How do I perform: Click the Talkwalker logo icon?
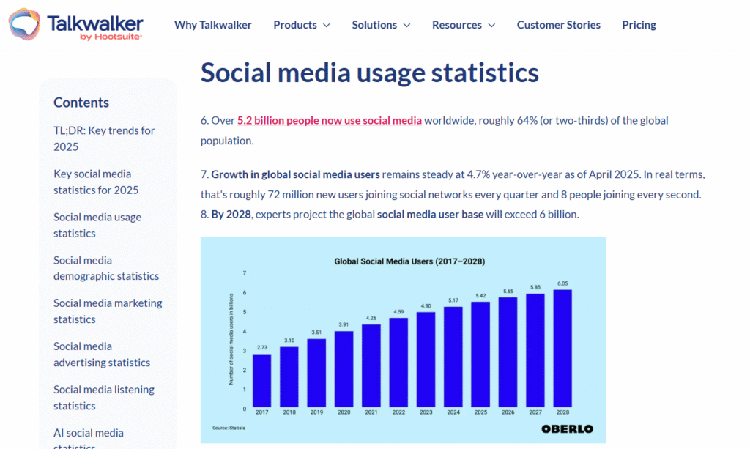point(24,24)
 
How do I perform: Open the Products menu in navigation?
point(301,25)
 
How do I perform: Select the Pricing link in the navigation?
point(639,25)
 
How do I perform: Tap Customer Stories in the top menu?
point(558,25)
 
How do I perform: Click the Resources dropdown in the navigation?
point(463,25)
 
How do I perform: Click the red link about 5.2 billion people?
point(329,120)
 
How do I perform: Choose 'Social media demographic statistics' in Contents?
point(106,268)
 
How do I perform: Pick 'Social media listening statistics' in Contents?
point(104,398)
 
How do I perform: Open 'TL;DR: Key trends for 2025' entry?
point(104,138)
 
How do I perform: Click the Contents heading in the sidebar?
point(81,103)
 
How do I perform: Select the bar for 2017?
point(261,381)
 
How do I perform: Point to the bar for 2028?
point(562,349)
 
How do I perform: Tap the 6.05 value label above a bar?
point(562,283)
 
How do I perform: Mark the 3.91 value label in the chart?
point(344,324)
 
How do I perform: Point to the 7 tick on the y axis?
point(245,273)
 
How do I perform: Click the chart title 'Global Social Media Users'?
point(409,261)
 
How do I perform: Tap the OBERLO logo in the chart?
point(567,428)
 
